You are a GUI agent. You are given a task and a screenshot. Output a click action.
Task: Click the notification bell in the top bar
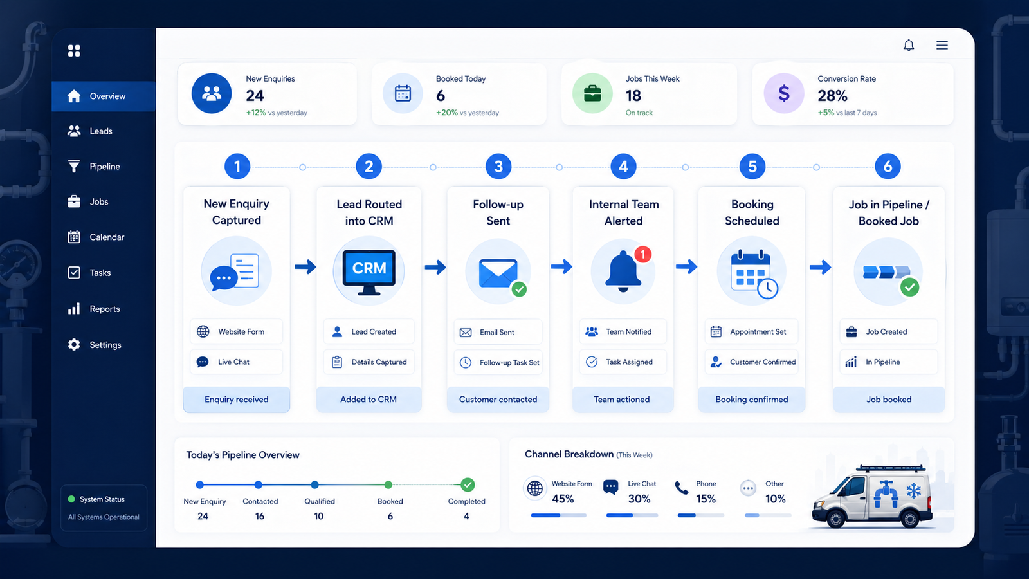click(x=909, y=45)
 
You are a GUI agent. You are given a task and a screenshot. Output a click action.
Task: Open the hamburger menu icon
click(x=942, y=45)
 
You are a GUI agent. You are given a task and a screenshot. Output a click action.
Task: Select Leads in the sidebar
click(x=101, y=131)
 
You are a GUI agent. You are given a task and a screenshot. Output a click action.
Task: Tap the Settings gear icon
click(x=74, y=345)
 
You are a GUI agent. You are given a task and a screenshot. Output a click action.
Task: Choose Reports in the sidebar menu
click(x=105, y=309)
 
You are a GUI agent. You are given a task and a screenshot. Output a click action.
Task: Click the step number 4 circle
click(x=623, y=167)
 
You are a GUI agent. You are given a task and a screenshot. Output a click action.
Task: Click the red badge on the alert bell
click(x=642, y=254)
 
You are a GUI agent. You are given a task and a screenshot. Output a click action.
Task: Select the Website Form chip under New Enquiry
click(x=236, y=331)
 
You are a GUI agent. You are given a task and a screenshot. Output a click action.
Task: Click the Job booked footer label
click(x=889, y=400)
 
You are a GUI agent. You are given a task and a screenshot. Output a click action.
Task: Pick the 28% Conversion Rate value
click(x=832, y=96)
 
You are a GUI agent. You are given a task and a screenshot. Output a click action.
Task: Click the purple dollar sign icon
click(x=784, y=93)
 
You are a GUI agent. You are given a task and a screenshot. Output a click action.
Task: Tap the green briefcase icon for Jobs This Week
click(x=592, y=93)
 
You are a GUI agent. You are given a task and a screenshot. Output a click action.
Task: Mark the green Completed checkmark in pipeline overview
click(x=468, y=484)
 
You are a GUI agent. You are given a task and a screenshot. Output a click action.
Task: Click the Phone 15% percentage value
click(x=706, y=499)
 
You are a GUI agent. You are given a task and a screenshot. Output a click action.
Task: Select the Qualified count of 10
click(x=319, y=516)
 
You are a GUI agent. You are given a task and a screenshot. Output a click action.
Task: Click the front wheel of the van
click(x=835, y=519)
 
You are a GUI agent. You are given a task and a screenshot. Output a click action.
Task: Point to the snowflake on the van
click(x=914, y=491)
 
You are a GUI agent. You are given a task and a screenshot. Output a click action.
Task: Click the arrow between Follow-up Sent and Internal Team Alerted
click(x=561, y=266)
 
